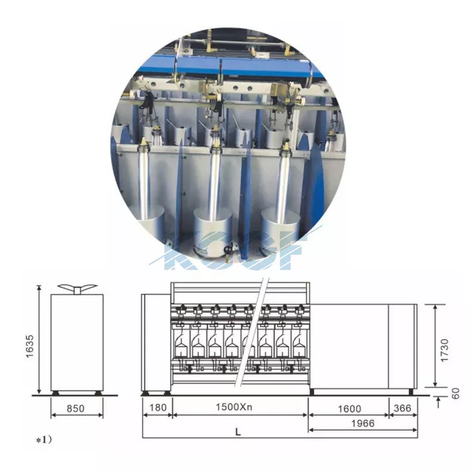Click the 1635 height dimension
click(x=30, y=347)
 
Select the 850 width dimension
click(x=75, y=408)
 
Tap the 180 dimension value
click(x=157, y=408)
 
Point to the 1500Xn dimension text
click(x=234, y=407)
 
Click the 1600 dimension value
click(x=349, y=409)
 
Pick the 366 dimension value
click(x=402, y=408)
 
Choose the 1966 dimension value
click(x=363, y=423)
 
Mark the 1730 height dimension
click(x=444, y=351)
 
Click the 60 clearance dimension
click(x=456, y=394)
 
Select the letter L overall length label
click(x=238, y=432)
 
